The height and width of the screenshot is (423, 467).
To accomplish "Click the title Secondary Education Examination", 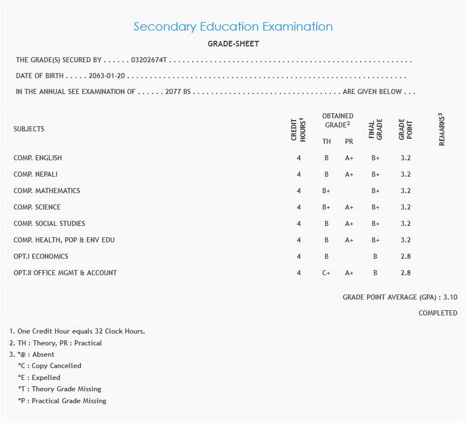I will click(233, 27).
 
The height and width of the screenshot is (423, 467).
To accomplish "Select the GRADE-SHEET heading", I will click(233, 44).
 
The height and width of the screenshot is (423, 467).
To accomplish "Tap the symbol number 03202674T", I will click(149, 59).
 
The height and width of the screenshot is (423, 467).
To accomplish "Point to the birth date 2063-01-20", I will click(107, 76).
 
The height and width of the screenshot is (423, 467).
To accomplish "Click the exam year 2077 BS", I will click(178, 92).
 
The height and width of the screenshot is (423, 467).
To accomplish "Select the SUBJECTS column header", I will click(29, 129).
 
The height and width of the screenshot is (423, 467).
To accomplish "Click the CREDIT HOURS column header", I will click(298, 130).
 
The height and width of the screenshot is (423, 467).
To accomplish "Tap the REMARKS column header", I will click(441, 130).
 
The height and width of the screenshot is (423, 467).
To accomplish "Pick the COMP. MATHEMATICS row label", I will click(47, 191).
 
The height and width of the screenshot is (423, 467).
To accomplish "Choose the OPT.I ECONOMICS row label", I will click(41, 257).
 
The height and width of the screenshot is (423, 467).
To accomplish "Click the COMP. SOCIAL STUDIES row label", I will click(49, 224).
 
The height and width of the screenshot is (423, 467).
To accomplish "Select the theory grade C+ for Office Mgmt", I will click(326, 273).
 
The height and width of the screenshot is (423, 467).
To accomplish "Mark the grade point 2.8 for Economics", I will click(405, 257).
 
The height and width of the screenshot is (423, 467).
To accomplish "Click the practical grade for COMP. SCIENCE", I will click(349, 207).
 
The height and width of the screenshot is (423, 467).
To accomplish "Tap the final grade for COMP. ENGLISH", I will click(375, 158).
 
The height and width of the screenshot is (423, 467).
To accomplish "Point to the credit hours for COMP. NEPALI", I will click(298, 174).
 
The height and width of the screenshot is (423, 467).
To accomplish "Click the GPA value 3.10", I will click(450, 297).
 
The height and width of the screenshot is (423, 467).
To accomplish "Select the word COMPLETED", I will click(437, 313).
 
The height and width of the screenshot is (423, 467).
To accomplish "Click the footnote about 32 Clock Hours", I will click(77, 331).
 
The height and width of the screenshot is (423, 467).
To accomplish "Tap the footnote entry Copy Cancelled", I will click(50, 366).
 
